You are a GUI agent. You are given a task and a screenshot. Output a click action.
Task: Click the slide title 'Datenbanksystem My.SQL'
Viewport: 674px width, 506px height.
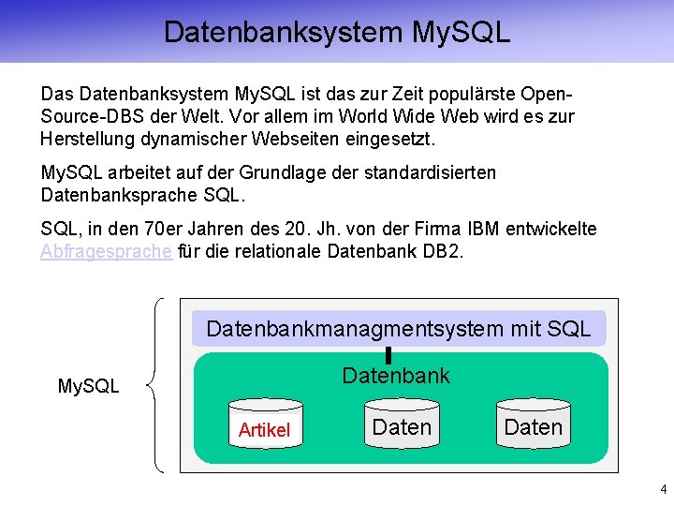(337, 32)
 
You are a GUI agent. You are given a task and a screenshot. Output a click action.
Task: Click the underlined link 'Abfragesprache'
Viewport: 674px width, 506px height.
(106, 252)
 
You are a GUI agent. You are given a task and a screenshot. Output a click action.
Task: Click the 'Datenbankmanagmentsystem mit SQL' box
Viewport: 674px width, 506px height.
(398, 329)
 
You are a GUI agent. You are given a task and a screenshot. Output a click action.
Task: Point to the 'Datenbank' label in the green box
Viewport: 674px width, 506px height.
(396, 376)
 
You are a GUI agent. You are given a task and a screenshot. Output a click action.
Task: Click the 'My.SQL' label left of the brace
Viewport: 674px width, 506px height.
(89, 385)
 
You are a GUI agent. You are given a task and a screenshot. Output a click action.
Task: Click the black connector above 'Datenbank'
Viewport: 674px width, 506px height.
(388, 354)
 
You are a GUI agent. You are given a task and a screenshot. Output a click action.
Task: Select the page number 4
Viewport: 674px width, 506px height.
(663, 488)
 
